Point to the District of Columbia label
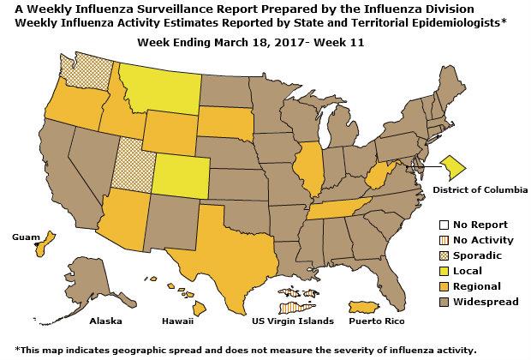tap(479, 188)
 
